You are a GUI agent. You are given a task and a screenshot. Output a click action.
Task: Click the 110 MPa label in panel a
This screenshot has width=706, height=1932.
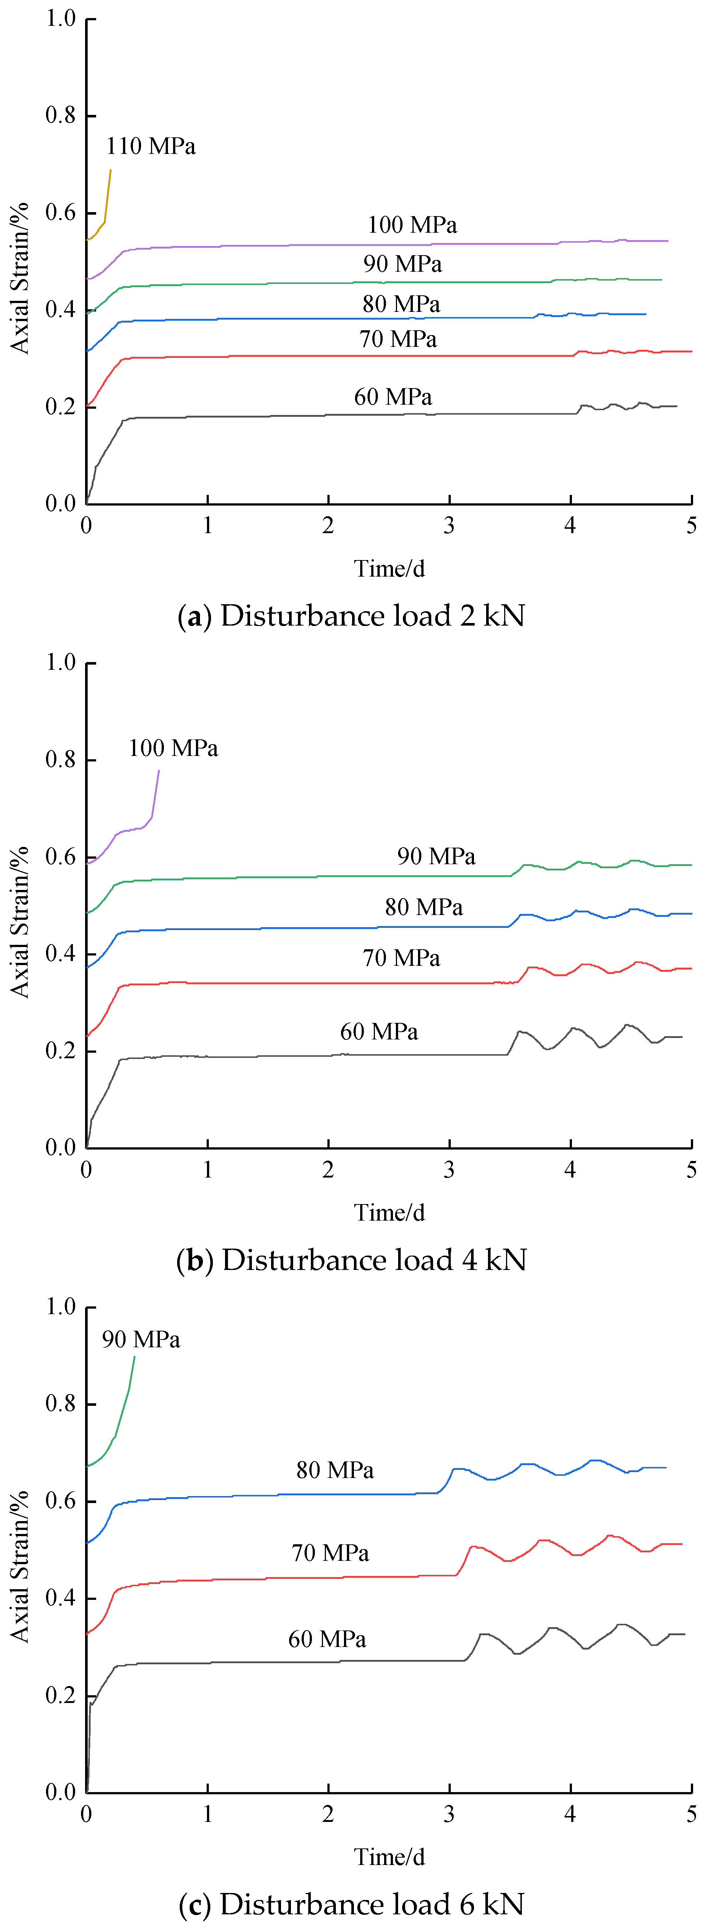tap(151, 146)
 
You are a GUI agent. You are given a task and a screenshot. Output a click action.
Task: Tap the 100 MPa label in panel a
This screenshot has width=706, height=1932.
tap(412, 225)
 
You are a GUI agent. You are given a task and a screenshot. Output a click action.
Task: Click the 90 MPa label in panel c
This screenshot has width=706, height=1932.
tap(141, 1340)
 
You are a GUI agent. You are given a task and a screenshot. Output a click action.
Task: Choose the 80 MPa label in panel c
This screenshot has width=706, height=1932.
tap(335, 1470)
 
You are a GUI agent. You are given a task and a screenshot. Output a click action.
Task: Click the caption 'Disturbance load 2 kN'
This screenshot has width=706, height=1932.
tap(351, 616)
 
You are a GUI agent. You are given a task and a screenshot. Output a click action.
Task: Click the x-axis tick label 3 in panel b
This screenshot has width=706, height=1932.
tap(449, 1170)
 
